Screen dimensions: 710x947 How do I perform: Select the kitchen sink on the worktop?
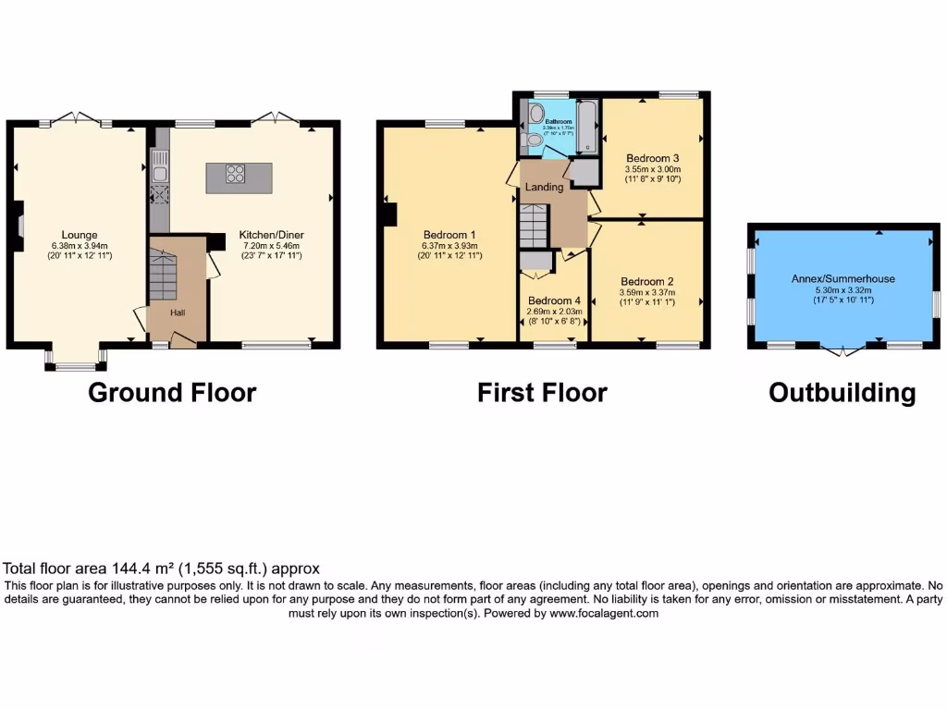click(x=159, y=172)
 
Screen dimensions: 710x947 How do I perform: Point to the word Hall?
click(x=178, y=312)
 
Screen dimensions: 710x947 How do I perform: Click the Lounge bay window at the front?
click(x=75, y=366)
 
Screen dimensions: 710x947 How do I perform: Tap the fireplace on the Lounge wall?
click(x=18, y=226)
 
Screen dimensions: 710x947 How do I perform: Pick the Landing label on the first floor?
click(x=544, y=188)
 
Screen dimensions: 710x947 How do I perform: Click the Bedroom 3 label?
click(x=652, y=158)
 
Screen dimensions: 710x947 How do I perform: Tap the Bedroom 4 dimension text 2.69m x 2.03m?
click(x=555, y=312)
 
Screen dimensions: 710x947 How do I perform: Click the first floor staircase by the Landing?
click(x=535, y=226)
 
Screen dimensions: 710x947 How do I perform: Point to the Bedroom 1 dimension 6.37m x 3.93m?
click(x=449, y=246)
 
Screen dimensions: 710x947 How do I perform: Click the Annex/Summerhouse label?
click(x=842, y=278)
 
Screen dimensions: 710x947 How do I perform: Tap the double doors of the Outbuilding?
click(x=842, y=349)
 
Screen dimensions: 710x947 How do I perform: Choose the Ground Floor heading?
click(x=172, y=392)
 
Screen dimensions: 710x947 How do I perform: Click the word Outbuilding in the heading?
click(x=842, y=393)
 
